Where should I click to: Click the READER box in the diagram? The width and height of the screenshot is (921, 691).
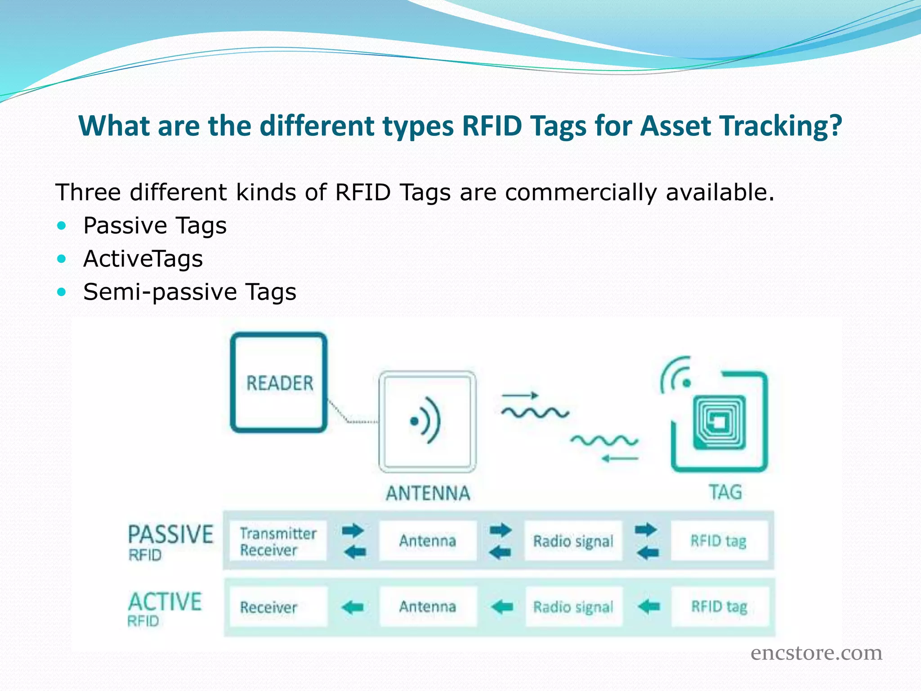coord(279,383)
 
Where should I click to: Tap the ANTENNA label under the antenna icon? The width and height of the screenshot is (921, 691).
coord(428,493)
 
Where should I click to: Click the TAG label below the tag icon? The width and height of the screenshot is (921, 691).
coord(725,492)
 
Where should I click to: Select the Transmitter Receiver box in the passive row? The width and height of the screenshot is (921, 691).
coord(278,541)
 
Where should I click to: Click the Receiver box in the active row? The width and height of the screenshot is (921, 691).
coord(278,607)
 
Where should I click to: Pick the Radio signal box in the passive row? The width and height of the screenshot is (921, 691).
coord(573,541)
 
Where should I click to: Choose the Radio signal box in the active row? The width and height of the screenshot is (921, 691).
coord(573,607)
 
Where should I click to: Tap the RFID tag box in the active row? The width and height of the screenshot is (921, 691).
coord(719,606)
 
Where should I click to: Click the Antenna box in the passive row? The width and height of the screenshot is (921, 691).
coord(428,540)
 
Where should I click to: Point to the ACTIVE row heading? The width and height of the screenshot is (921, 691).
coord(165,602)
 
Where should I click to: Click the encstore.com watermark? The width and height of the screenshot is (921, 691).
coord(816,653)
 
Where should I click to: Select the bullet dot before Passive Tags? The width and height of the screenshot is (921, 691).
coord(62,225)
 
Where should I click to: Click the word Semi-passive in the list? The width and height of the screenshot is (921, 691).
coord(160,292)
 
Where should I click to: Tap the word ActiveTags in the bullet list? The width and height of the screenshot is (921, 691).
coord(143,259)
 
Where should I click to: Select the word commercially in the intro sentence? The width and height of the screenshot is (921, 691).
coord(581,193)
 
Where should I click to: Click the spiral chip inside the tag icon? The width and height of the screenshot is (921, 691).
coord(719,422)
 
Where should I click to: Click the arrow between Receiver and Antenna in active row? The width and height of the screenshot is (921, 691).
coord(353,607)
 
